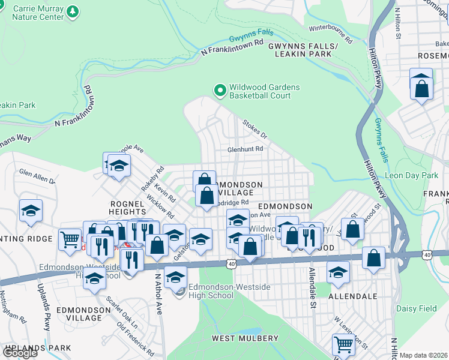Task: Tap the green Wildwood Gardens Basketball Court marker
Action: (x=220, y=91)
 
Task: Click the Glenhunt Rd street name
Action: (x=245, y=149)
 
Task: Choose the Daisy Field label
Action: (x=416, y=308)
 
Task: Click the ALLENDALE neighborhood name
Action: (x=352, y=296)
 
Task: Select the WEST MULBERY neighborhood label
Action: (x=244, y=338)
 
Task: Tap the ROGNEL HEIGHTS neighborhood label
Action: (x=128, y=208)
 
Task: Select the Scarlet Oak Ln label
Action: (x=122, y=312)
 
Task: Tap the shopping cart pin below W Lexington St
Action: (x=343, y=344)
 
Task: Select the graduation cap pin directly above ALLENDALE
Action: (x=339, y=271)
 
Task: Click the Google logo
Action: (x=19, y=352)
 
